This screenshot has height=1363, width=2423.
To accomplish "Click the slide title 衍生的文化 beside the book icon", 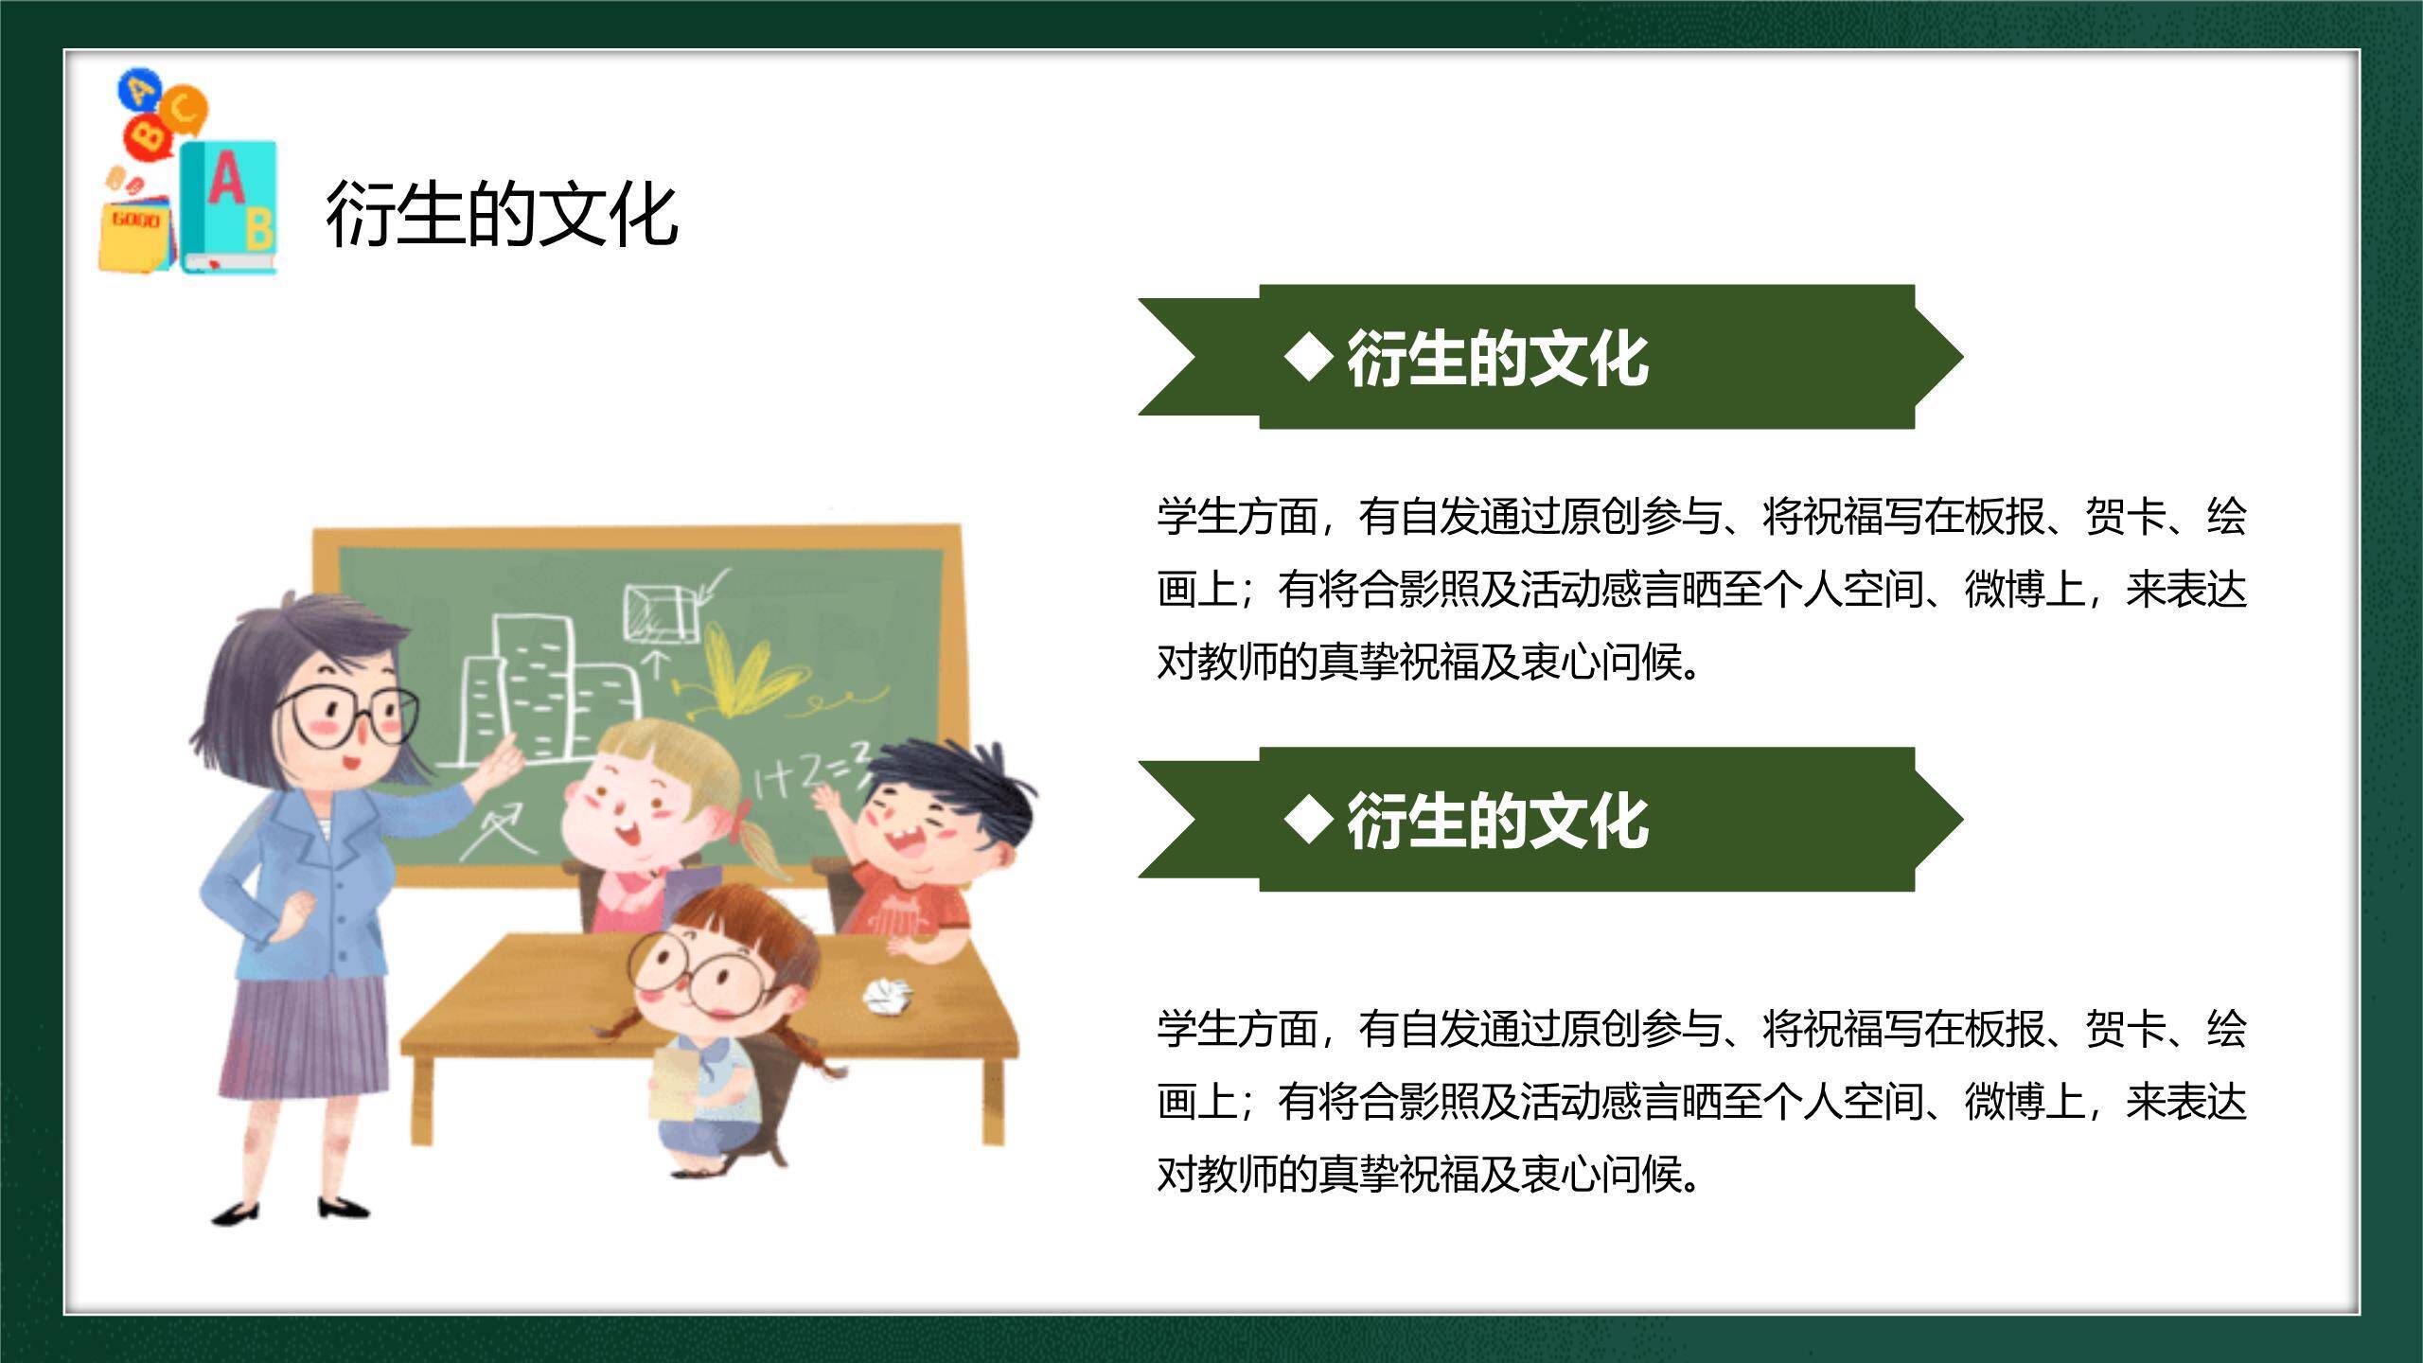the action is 502,215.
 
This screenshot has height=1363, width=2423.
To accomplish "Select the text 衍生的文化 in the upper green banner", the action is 1497,359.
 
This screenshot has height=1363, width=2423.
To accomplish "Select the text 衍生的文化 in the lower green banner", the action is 1497,821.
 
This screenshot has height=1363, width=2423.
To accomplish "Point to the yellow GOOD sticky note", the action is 135,232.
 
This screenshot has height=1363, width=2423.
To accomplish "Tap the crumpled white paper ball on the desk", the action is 887,996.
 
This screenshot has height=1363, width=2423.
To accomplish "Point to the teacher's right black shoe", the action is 342,1207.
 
